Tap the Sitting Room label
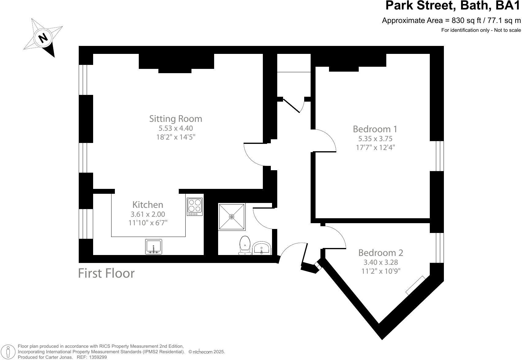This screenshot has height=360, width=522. click(x=176, y=118)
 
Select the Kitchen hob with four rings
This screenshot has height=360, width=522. click(x=195, y=206)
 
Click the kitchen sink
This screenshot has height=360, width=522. click(x=153, y=246)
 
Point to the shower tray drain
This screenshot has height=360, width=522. click(x=232, y=217)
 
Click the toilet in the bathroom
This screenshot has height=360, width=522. click(x=245, y=245)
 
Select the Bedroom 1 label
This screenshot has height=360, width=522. click(x=375, y=129)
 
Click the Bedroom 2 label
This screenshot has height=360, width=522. click(x=380, y=253)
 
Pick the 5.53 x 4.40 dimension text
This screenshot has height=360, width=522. click(x=176, y=128)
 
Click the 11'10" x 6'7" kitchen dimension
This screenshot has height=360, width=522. click(x=148, y=223)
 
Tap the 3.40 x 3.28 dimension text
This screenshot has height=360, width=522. click(x=380, y=262)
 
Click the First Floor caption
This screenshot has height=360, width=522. click(x=106, y=273)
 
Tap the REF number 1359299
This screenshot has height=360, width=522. click(x=96, y=357)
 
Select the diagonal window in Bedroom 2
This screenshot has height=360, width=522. click(x=415, y=285)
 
